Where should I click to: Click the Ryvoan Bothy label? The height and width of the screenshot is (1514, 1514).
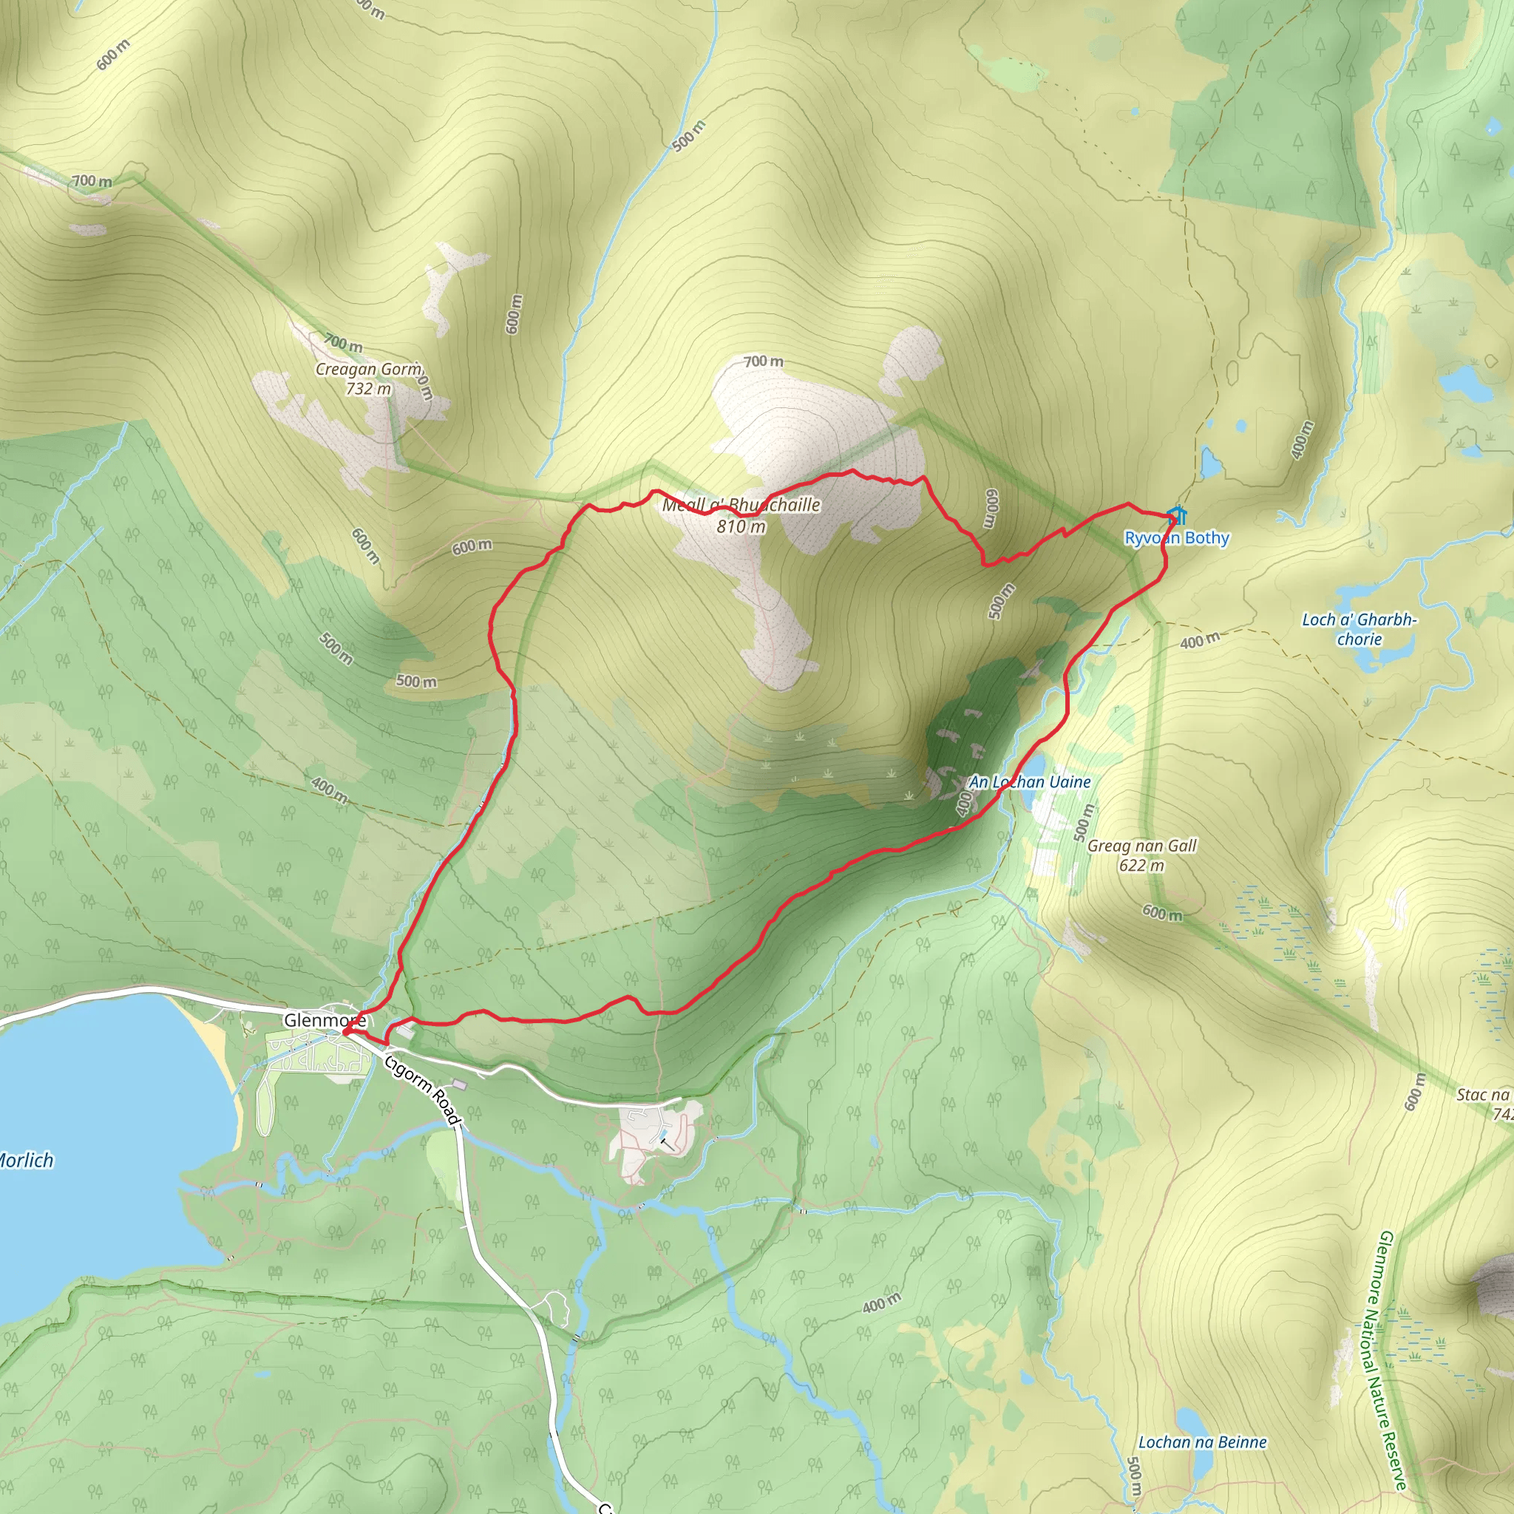coord(1176,538)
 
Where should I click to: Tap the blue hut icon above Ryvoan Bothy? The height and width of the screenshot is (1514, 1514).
coord(1176,516)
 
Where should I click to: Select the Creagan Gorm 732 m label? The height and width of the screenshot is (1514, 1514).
coord(369,378)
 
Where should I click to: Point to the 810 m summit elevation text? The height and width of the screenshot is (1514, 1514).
coord(741,526)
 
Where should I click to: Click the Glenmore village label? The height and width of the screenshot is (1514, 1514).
coord(324,1020)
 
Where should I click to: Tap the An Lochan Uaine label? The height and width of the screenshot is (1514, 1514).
coord(1030,782)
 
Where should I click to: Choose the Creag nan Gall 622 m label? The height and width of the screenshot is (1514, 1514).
coord(1141,855)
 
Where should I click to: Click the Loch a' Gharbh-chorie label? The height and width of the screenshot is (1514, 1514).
coord(1359,629)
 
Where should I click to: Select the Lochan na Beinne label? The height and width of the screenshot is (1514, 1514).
coord(1202,1442)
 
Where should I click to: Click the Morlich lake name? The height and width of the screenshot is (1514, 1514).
coord(26,1160)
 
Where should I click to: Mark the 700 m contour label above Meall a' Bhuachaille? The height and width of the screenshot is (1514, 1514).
coord(763,361)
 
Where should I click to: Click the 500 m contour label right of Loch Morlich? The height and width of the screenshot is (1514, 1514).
coord(416,681)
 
